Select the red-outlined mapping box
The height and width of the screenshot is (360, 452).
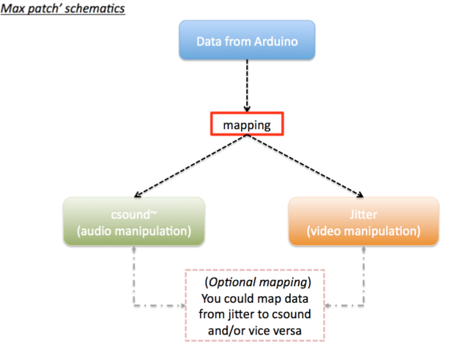(x=246, y=125)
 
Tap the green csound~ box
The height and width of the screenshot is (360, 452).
(x=132, y=220)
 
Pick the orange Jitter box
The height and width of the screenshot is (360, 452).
(x=363, y=220)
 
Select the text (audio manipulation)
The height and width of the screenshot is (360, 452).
(x=132, y=231)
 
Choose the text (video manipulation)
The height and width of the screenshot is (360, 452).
(x=363, y=231)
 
